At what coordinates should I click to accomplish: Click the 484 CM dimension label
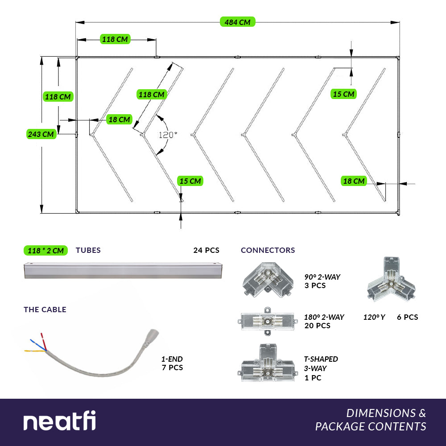[237, 22]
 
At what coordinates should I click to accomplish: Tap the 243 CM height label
[41, 134]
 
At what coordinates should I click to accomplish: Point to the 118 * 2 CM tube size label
[45, 250]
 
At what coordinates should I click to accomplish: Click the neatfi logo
[59, 421]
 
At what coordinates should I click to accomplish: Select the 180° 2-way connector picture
[267, 321]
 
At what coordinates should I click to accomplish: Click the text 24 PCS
[206, 250]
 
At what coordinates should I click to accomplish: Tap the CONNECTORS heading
[268, 250]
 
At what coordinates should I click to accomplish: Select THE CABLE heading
[45, 310]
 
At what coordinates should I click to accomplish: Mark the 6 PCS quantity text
[408, 317]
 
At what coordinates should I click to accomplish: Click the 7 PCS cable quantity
[172, 368]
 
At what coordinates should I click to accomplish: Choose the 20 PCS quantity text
[317, 326]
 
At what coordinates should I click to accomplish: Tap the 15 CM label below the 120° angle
[190, 181]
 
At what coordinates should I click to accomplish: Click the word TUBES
[88, 250]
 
